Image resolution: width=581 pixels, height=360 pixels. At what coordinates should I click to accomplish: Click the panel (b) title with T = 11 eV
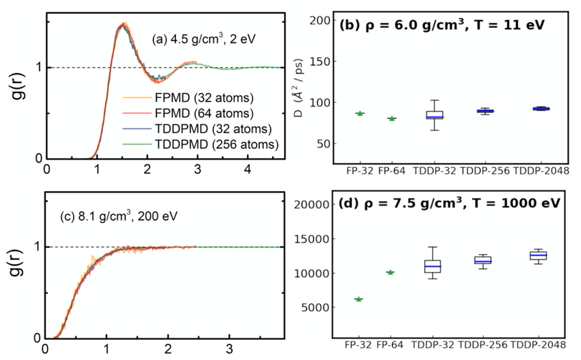click(441, 25)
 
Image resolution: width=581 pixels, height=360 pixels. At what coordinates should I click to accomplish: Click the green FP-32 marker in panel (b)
click(360, 113)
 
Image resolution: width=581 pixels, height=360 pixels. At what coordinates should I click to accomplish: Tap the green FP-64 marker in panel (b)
click(391, 118)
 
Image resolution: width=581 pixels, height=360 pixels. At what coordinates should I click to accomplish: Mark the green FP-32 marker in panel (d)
click(358, 299)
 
